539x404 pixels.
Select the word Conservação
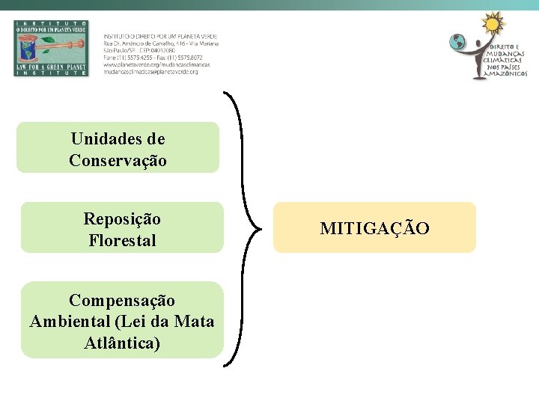tap(118, 160)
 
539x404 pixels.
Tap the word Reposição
tap(122, 219)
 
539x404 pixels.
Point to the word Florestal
tap(122, 241)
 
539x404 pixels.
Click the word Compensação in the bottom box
tap(122, 300)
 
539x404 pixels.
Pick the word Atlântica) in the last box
tap(122, 344)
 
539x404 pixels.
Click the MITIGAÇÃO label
tap(374, 227)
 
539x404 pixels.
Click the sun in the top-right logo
tap(493, 25)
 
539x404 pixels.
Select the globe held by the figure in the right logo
tap(457, 43)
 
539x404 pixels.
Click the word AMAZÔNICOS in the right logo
tap(507, 74)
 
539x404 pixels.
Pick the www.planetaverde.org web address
tap(156, 64)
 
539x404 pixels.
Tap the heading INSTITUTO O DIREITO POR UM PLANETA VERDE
tap(160, 37)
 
